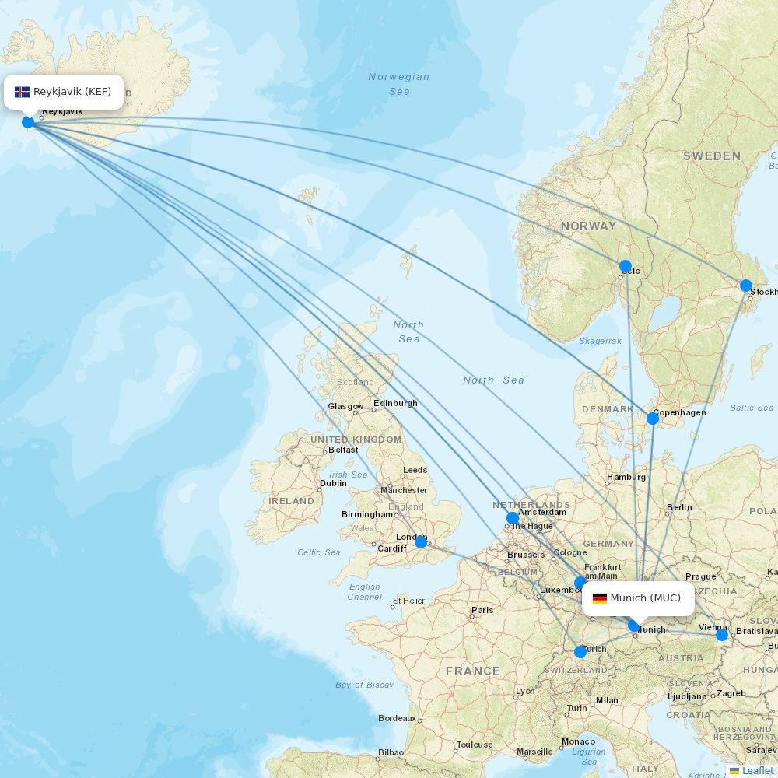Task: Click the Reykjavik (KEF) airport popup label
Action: (x=64, y=92)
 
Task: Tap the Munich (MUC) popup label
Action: (x=638, y=598)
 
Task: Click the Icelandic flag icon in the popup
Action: (x=22, y=92)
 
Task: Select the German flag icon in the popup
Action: (x=600, y=598)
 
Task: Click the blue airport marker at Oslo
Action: (x=626, y=267)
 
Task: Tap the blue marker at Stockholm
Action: (x=746, y=286)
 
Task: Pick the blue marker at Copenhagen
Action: (x=653, y=419)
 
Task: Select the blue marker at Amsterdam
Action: (x=512, y=518)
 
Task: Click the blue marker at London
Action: (x=421, y=542)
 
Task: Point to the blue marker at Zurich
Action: (x=580, y=652)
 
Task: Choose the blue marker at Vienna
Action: (x=722, y=635)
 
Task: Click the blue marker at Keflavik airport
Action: (x=28, y=122)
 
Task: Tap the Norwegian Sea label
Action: (x=398, y=84)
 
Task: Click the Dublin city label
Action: (x=333, y=484)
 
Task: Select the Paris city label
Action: (x=482, y=610)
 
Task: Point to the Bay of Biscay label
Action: (x=364, y=685)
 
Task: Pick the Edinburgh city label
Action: (x=395, y=403)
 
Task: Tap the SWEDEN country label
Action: (x=712, y=156)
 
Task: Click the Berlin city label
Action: (x=678, y=508)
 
